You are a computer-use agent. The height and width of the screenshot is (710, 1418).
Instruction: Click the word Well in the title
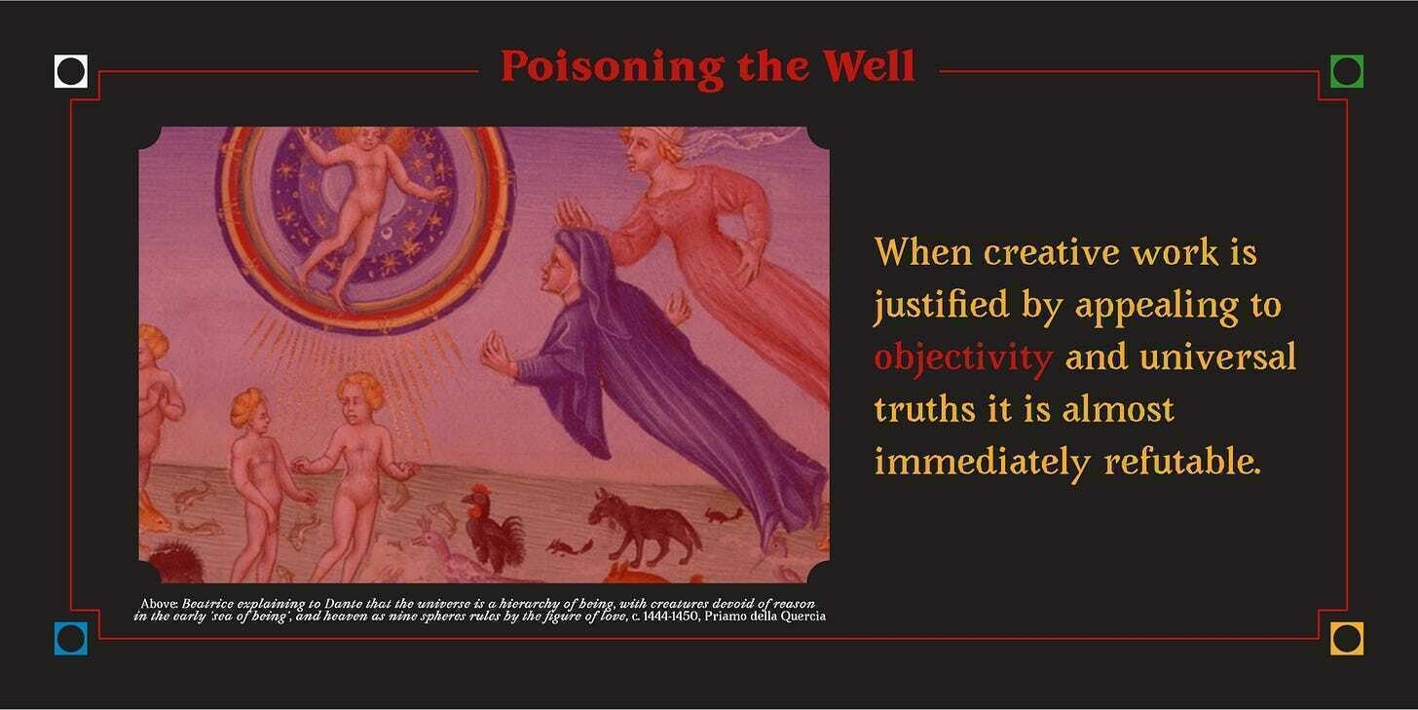click(869, 66)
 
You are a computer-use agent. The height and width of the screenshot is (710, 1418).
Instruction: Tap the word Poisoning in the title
click(613, 68)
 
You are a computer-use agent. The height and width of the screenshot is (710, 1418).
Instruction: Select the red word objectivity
click(963, 358)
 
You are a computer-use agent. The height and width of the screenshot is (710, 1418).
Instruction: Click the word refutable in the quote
click(1182, 462)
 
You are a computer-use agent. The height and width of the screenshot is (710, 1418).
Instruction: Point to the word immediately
click(983, 464)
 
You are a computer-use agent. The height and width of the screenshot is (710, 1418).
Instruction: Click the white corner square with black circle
click(71, 71)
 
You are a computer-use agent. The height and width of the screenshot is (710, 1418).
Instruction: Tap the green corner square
click(1347, 71)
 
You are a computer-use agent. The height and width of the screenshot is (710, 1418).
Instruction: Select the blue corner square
click(71, 639)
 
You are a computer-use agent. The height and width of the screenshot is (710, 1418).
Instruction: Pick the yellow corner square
click(1347, 639)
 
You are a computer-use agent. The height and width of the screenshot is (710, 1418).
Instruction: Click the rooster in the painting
click(493, 529)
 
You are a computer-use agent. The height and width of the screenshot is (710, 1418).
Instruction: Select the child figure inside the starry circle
click(360, 208)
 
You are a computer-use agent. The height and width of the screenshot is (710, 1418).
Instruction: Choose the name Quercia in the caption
click(804, 617)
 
